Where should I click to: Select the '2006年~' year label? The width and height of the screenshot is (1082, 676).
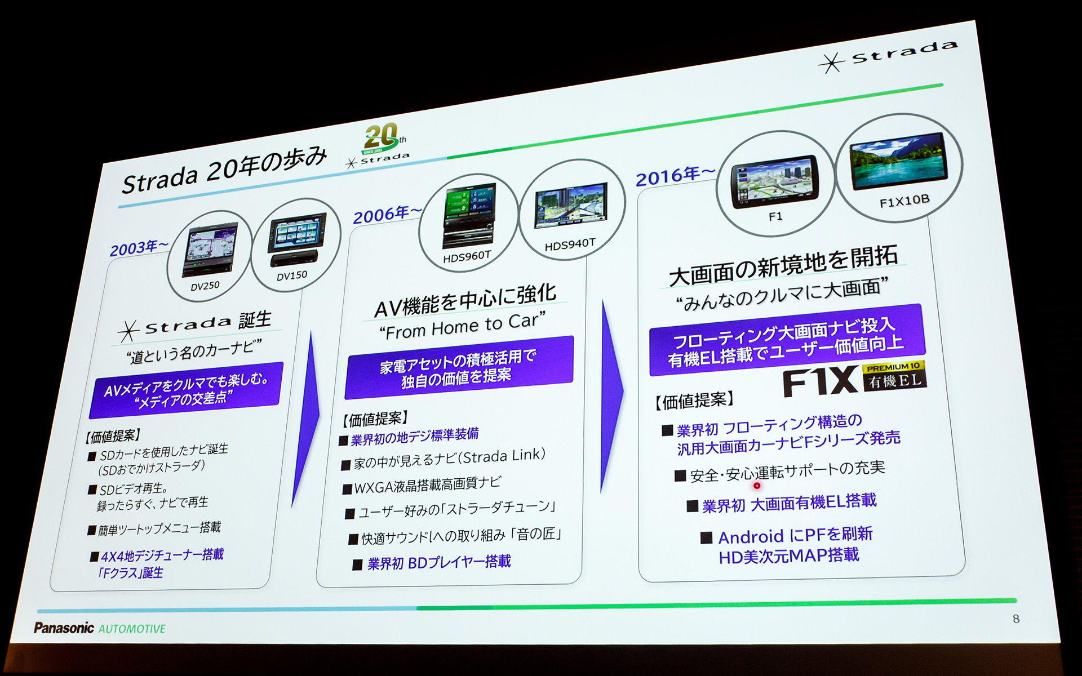click(387, 214)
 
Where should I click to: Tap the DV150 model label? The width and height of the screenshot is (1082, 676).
click(292, 275)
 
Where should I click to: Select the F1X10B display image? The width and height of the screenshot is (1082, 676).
click(898, 161)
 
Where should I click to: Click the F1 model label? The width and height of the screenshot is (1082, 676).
click(775, 216)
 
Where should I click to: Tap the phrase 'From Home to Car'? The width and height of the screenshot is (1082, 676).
click(462, 326)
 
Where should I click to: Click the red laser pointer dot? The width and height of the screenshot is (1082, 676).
click(757, 486)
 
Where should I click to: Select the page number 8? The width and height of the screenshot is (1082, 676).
click(1016, 619)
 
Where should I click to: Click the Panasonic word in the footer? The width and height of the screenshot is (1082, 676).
click(64, 628)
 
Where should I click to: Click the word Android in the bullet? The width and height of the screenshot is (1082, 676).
click(751, 537)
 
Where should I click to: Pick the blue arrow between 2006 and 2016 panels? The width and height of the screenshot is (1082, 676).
click(612, 394)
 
